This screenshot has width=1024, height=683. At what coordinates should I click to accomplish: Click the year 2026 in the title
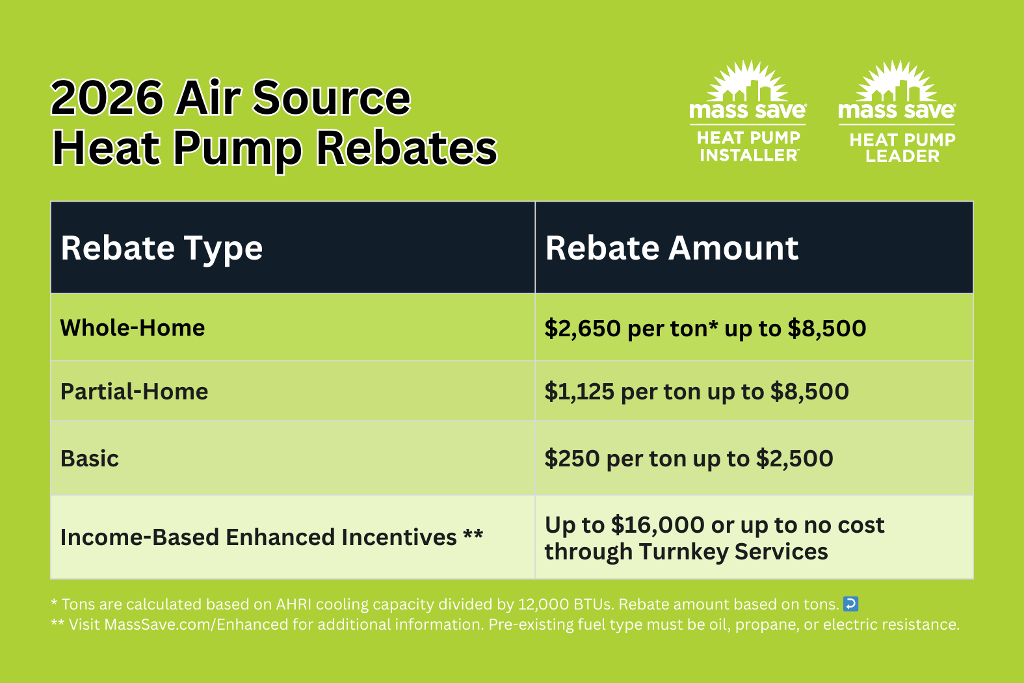pos(107,98)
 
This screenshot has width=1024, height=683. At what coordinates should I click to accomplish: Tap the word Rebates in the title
pos(406,149)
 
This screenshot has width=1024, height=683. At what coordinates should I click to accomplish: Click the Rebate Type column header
pos(161,248)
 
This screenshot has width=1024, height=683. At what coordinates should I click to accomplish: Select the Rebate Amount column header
pos(672,248)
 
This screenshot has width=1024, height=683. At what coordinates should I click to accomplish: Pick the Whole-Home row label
pos(133,328)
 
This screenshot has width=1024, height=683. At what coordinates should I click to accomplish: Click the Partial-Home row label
pos(134,392)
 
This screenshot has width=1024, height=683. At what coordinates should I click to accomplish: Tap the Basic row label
pos(90,459)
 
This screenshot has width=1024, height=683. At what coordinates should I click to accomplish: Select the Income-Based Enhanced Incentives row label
pos(271,537)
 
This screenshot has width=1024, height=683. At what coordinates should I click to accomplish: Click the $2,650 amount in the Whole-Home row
pos(583,328)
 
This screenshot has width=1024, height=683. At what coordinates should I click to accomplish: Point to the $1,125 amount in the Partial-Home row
pos(579,392)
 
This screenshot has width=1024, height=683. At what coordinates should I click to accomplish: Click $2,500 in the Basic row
pos(794,459)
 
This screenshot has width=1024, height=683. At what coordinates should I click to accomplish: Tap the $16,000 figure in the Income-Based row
pos(658,525)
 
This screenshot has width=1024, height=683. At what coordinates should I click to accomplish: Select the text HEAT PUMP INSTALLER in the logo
pos(748,146)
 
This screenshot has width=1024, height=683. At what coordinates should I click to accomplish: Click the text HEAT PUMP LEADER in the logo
pos(902,148)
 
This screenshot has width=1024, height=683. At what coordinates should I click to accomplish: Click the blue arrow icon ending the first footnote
pos(850,604)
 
